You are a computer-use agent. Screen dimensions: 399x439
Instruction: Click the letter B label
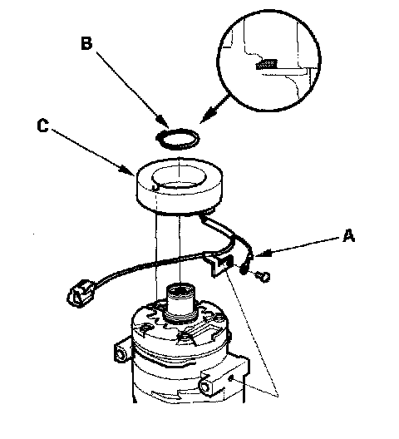coord(86,44)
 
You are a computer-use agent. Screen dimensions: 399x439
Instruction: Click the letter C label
coord(43,126)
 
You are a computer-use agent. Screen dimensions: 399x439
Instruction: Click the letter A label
coord(349,235)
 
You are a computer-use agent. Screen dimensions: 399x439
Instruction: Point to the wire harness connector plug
coord(79,293)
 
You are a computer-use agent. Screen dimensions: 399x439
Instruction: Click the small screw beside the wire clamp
coord(264,276)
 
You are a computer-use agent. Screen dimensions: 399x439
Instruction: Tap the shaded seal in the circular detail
coord(267,64)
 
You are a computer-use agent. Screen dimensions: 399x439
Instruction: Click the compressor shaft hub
coord(180,303)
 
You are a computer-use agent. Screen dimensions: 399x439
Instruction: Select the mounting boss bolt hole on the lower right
coord(206,387)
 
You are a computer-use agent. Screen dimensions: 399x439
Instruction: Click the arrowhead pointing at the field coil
coord(127,170)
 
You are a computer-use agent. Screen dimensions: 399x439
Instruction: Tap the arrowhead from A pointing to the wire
coord(261,253)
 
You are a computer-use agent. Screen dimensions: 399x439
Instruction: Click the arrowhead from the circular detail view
coord(209,116)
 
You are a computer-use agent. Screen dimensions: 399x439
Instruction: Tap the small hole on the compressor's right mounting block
coord(231,378)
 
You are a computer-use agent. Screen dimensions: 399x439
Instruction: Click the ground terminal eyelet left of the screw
coord(244,269)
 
